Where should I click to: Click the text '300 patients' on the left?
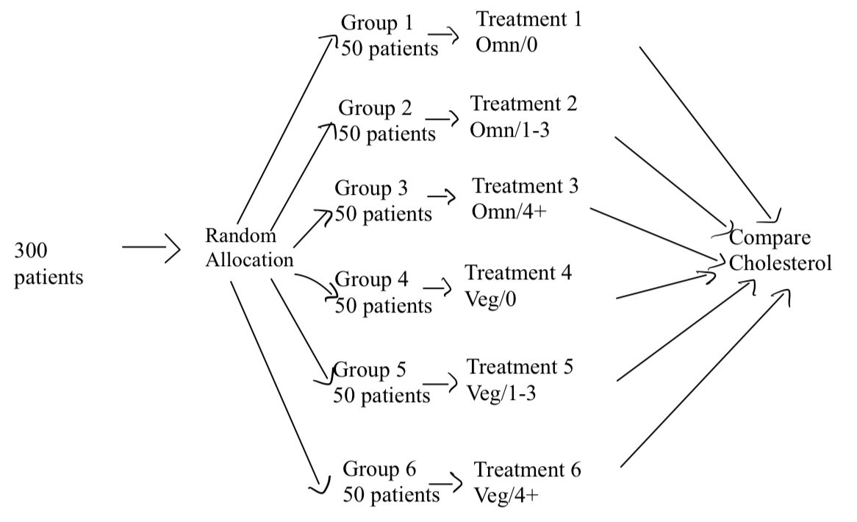pos(48,265)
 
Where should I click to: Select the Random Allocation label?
pos(250,248)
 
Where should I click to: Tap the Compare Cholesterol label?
pos(780,251)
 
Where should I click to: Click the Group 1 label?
pos(376,23)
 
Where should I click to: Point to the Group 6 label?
pos(380,468)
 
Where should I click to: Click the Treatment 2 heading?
pos(523,104)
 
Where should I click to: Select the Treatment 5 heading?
pos(520,366)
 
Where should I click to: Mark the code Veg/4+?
pos(506,494)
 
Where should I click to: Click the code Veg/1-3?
pos(501,393)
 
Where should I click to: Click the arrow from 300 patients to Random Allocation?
pos(151,249)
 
